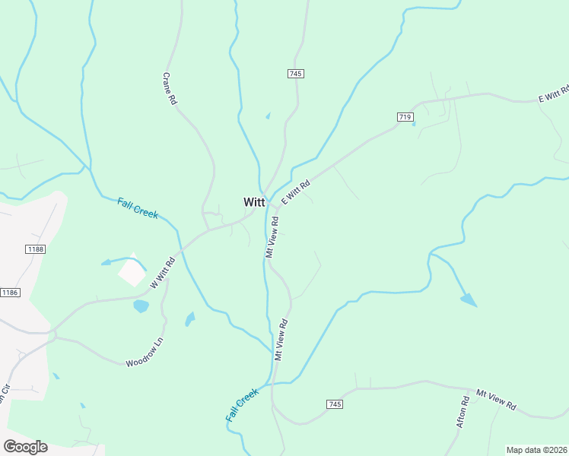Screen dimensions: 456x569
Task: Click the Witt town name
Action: tap(254, 202)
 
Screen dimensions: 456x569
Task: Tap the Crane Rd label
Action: tap(170, 88)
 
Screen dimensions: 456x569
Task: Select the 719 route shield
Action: tap(405, 117)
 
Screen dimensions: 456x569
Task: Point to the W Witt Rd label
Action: tap(163, 272)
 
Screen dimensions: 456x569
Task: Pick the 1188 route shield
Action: tap(34, 249)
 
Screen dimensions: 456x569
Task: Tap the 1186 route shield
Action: tap(10, 293)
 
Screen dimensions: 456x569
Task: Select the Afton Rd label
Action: tap(462, 411)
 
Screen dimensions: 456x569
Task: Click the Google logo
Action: tap(25, 447)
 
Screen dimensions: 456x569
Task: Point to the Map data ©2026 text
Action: tap(537, 450)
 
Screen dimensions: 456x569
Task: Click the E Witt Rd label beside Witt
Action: tap(296, 191)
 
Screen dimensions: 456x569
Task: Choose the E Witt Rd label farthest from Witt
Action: tap(553, 94)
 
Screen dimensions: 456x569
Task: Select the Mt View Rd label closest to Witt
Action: tap(272, 236)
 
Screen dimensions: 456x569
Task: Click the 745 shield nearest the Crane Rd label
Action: tap(296, 74)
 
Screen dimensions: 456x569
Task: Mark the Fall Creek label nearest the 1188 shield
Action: tap(138, 207)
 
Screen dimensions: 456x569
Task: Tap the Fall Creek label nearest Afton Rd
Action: tap(242, 405)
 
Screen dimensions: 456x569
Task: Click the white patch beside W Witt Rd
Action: tap(132, 270)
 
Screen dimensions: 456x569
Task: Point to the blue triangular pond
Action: tap(469, 299)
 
